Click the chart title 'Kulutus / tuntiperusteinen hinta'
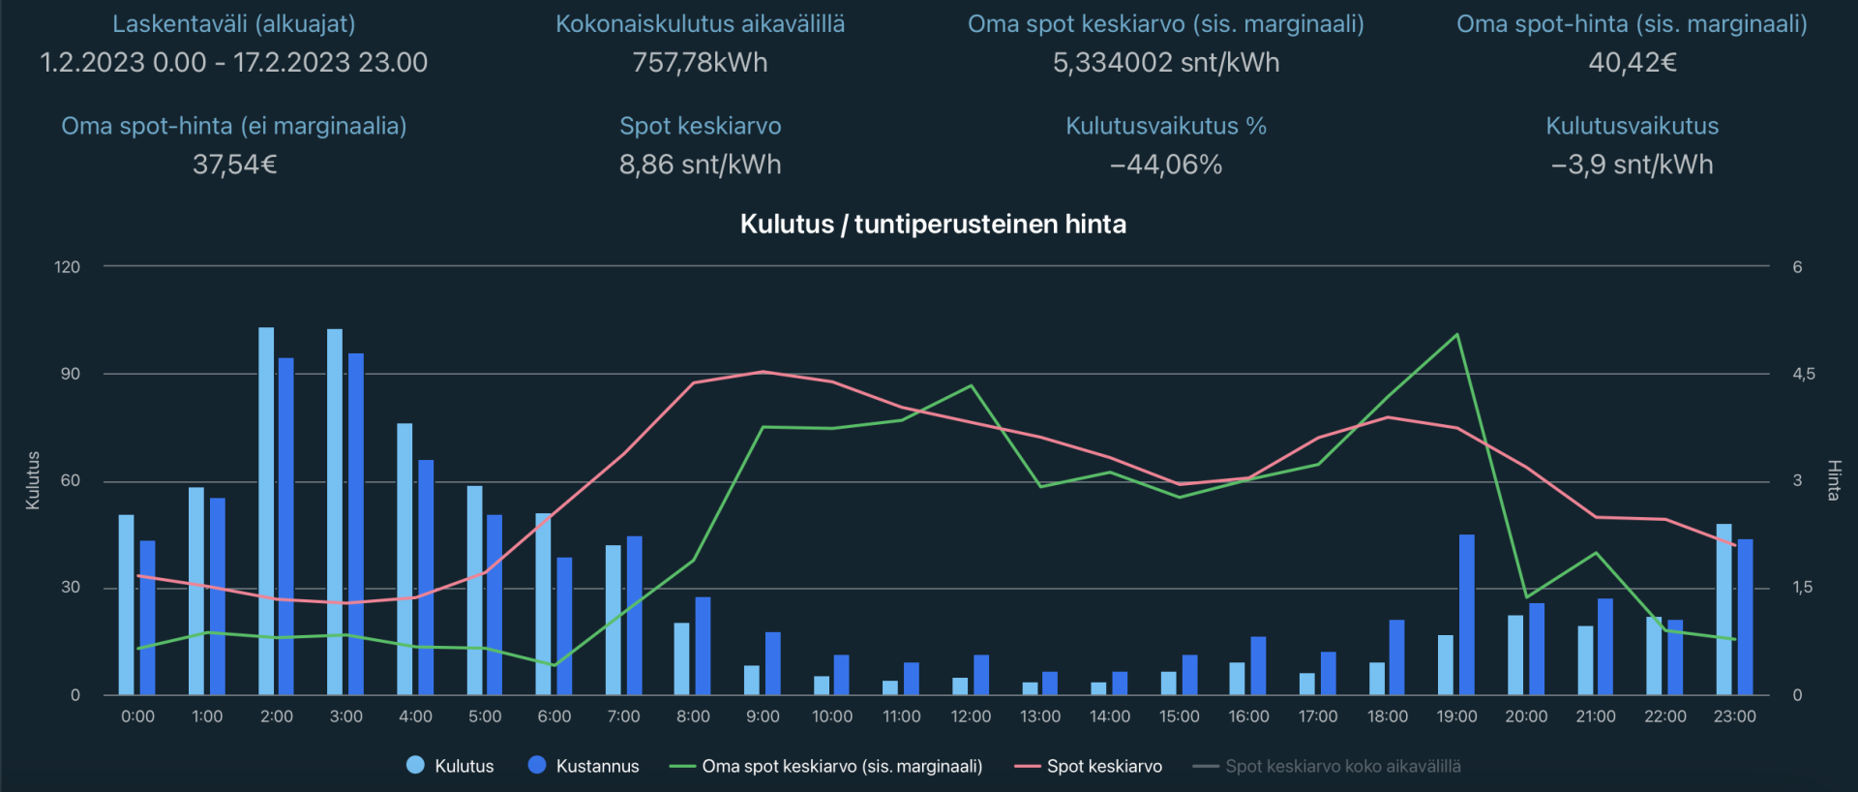[x=933, y=225]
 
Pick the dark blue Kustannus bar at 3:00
[x=356, y=524]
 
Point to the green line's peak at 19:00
[x=1456, y=335]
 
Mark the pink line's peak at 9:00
[x=764, y=372]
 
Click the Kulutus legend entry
[x=451, y=766]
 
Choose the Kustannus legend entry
[x=584, y=766]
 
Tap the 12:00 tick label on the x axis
[x=971, y=716]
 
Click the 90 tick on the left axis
[x=71, y=374]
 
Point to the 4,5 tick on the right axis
[x=1803, y=374]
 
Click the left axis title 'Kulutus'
[x=33, y=480]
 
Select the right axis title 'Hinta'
[x=1833, y=480]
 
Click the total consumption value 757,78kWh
[x=700, y=63]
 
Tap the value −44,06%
[x=1166, y=165]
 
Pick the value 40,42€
[x=1632, y=63]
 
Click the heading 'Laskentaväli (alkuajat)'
[x=234, y=24]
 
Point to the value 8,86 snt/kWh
[x=700, y=165]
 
